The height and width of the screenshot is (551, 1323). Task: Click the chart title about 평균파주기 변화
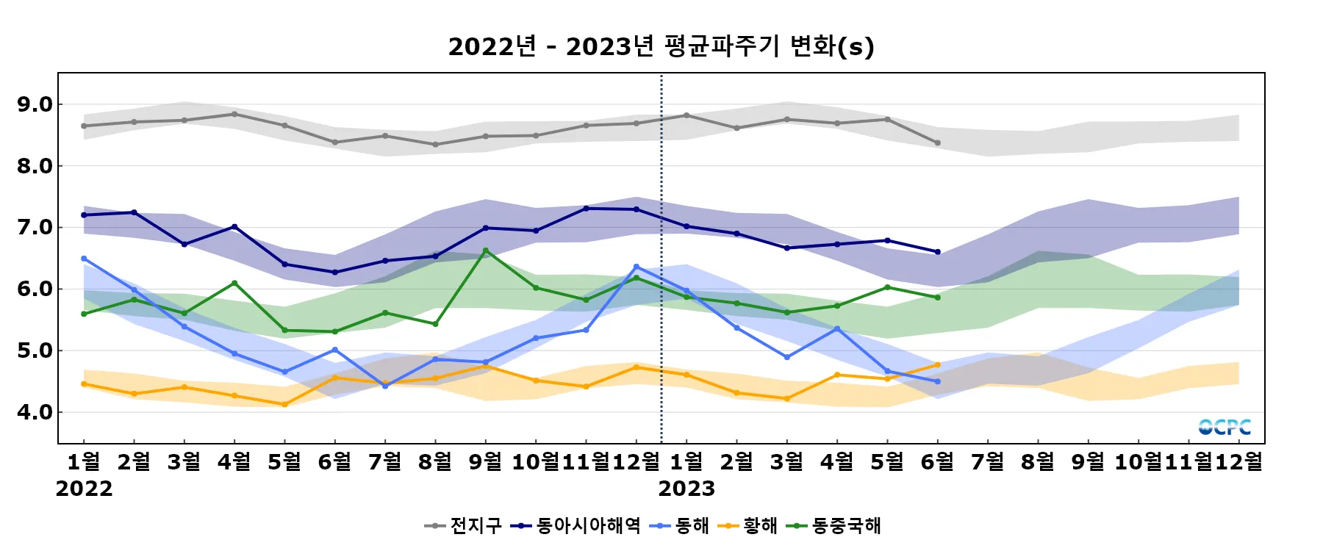point(661,46)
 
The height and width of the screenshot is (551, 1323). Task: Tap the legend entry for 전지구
point(463,525)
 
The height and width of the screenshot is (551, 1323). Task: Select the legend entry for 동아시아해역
point(577,525)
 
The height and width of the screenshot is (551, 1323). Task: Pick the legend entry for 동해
point(680,525)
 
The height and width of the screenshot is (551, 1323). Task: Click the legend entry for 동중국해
point(833,525)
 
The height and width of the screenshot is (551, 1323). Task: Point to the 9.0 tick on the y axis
point(35,104)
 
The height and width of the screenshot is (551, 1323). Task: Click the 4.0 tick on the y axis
point(35,412)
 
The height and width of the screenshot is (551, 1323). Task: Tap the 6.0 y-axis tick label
point(35,289)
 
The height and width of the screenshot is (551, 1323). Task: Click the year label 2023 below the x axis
point(686,489)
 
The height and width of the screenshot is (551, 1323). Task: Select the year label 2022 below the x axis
point(84,489)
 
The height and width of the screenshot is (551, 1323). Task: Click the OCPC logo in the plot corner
point(1225,427)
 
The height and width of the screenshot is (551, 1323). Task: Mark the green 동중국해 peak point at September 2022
point(485,251)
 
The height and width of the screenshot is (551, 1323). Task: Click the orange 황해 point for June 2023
point(937,365)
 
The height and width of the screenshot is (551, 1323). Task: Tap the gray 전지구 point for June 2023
point(937,143)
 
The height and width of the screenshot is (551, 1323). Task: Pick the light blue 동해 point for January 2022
point(84,259)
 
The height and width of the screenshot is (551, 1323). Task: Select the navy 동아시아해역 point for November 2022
point(586,209)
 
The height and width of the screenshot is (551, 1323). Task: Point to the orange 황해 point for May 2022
point(284,404)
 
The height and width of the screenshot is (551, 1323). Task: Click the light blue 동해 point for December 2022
point(636,267)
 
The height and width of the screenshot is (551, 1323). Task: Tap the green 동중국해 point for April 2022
point(234,283)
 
